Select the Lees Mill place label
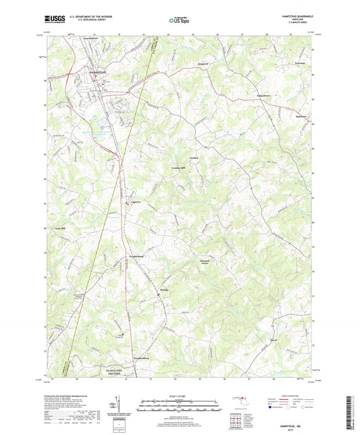(59, 229)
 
